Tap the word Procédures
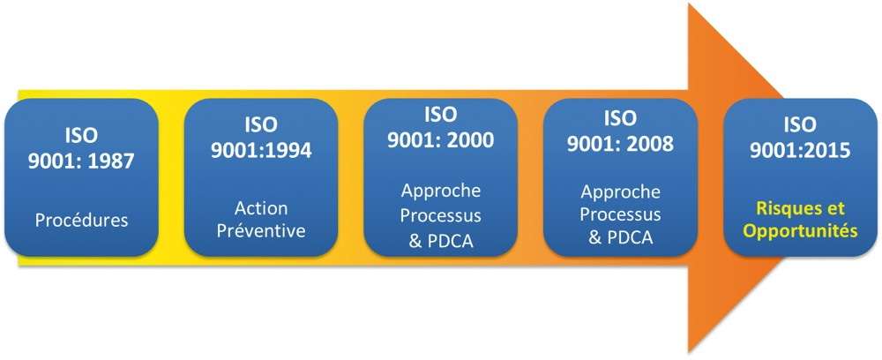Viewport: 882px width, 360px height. coord(81,220)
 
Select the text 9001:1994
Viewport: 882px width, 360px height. coord(261,150)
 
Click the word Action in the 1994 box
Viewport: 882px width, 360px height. coord(261,208)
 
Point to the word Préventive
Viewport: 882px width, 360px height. coord(261,230)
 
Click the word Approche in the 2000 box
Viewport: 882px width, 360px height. coord(441,191)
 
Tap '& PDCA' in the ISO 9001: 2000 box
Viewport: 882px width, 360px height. coord(441,242)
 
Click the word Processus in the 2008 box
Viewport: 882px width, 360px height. coord(620,214)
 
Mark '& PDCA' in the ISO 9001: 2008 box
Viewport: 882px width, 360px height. coord(620,237)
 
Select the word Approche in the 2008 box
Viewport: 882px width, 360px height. coord(620,192)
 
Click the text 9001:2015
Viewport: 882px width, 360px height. coord(800,150)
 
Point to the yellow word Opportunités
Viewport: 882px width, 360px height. coord(801,231)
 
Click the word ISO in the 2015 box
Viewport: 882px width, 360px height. coord(800,125)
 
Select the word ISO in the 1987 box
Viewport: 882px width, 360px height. coord(81,136)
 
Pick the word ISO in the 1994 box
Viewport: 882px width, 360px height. coord(261,125)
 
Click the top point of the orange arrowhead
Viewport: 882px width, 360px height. coord(690,4)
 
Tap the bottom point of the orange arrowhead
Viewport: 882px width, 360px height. coord(690,353)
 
